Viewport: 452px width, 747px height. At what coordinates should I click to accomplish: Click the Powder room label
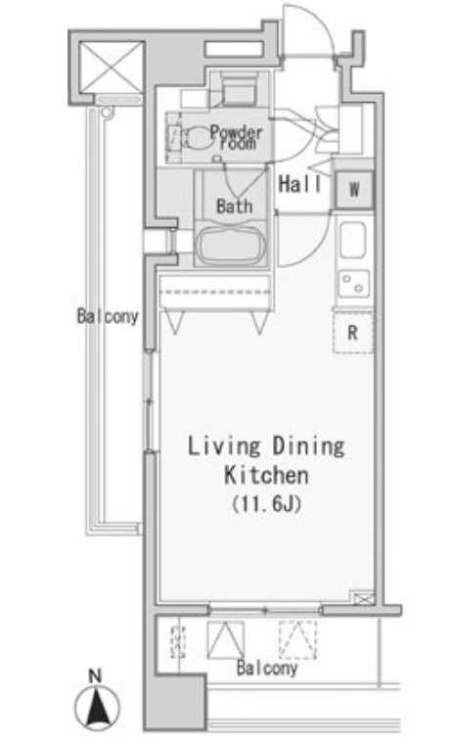(x=236, y=138)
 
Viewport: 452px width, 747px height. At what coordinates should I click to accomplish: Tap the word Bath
(x=235, y=207)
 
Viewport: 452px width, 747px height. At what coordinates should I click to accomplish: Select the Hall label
(x=300, y=184)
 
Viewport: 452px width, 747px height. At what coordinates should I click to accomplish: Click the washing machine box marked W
(x=354, y=190)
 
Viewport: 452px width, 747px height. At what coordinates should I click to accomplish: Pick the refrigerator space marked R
(x=352, y=333)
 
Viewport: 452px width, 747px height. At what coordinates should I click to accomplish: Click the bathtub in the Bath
(x=231, y=245)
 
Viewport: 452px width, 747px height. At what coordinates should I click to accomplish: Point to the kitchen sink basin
(x=352, y=240)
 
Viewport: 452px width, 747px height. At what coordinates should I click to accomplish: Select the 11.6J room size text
(x=267, y=504)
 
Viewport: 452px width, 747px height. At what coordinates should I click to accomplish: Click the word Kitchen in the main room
(x=266, y=476)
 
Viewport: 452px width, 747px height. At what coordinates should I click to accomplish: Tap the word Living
(x=224, y=446)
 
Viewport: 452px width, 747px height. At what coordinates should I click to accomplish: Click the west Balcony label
(x=109, y=316)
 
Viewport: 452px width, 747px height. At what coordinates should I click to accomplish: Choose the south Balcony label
(x=267, y=668)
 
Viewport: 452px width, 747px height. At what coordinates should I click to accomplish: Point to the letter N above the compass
(x=96, y=676)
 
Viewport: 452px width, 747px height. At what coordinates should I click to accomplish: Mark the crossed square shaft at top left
(x=112, y=68)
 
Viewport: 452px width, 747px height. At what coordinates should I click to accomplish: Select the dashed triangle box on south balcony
(x=297, y=640)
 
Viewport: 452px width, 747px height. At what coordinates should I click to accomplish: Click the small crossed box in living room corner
(x=364, y=598)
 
